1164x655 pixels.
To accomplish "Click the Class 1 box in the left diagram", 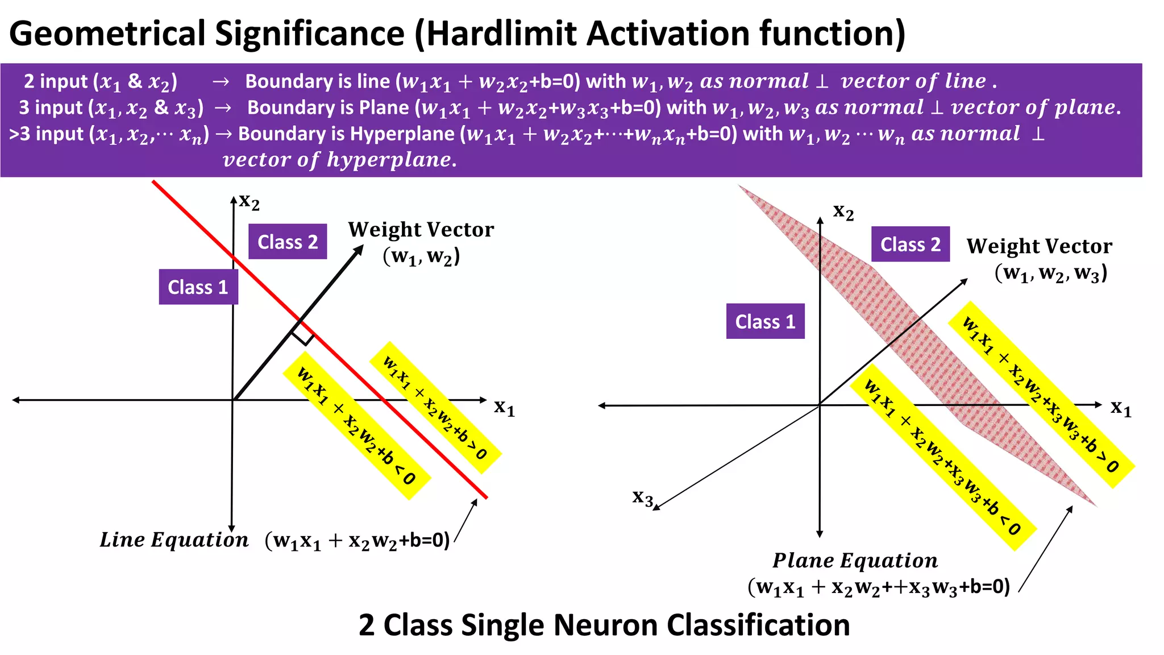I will point(198,287).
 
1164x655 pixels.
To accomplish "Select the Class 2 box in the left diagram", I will point(288,242).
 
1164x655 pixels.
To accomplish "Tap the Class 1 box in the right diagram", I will point(765,321).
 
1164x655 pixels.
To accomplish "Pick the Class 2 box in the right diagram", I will point(910,244).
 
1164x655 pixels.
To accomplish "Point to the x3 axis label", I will point(643,498).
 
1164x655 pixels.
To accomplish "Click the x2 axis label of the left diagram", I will point(249,201).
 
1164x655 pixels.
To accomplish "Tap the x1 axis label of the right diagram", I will point(1121,408).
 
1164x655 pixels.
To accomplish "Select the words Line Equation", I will point(174,540).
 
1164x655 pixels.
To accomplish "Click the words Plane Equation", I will point(855,560).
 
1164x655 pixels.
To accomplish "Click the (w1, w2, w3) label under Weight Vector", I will point(1050,273).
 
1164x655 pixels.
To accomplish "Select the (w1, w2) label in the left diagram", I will point(421,256).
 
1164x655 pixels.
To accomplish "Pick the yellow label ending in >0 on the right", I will point(1041,395).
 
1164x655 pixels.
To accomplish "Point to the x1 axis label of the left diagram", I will point(504,407).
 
